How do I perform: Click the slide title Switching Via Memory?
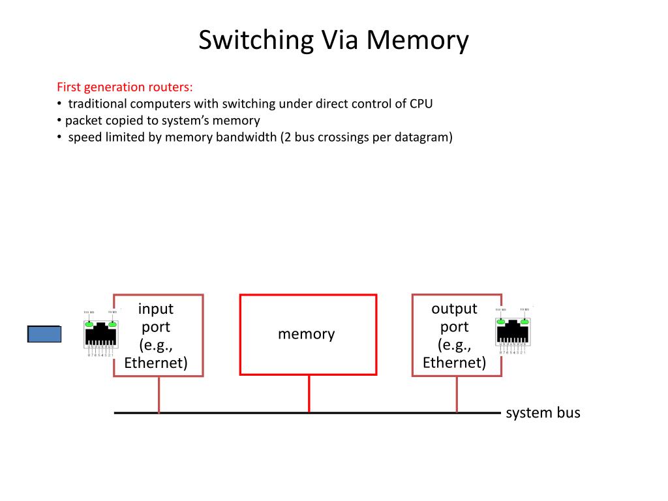[x=333, y=40]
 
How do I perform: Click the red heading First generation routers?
[x=125, y=87]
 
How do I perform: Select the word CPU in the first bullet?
[x=421, y=104]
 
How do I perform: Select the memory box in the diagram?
[x=308, y=335]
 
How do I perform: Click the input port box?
[x=158, y=335]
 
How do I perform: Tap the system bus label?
[x=543, y=413]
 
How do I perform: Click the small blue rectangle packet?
[x=44, y=334]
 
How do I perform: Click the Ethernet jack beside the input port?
[x=100, y=332]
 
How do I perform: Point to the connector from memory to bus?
[x=309, y=394]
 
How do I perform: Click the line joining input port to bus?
[x=159, y=395]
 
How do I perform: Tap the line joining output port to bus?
[x=457, y=395]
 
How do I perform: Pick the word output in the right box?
[x=454, y=309]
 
